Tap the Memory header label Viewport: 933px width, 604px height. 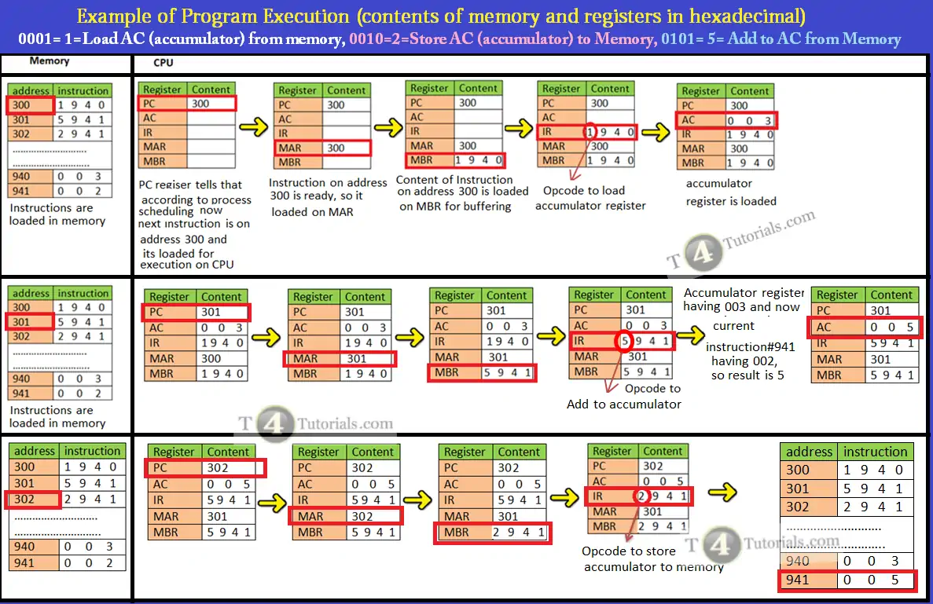tap(50, 60)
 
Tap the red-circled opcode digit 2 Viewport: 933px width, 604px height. tap(641, 496)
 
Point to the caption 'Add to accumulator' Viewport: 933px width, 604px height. tap(624, 404)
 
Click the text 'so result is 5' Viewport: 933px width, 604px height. tap(747, 375)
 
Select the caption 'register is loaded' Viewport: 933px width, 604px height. tap(731, 201)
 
